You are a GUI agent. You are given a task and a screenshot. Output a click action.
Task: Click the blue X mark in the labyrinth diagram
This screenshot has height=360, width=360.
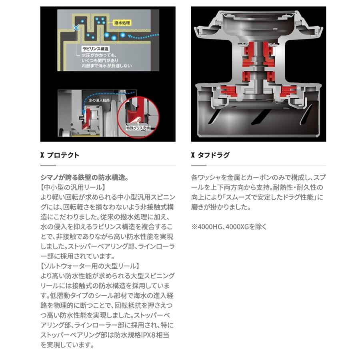point(76,28)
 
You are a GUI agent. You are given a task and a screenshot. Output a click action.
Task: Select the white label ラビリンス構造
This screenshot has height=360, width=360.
point(94,47)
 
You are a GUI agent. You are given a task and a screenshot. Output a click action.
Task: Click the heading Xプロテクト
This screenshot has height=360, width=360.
point(60,155)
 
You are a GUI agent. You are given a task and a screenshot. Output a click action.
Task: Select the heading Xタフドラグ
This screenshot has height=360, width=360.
point(210,155)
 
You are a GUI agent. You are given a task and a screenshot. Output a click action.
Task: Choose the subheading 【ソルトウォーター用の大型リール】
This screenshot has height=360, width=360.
point(90,266)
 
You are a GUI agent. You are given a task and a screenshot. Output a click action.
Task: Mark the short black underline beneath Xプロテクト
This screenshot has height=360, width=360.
point(48,166)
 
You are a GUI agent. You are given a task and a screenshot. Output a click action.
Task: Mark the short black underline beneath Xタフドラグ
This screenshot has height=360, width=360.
point(199,166)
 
